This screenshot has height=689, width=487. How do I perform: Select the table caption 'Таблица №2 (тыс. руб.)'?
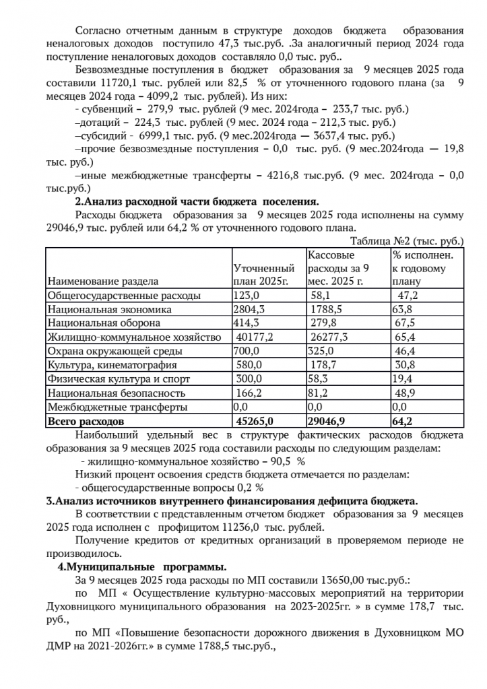point(408,240)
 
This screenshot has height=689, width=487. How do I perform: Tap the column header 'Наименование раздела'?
point(102,281)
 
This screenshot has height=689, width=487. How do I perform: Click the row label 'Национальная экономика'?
point(109,309)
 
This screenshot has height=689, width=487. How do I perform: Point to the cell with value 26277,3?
point(329,337)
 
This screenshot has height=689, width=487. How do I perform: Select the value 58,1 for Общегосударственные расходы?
point(320,295)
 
